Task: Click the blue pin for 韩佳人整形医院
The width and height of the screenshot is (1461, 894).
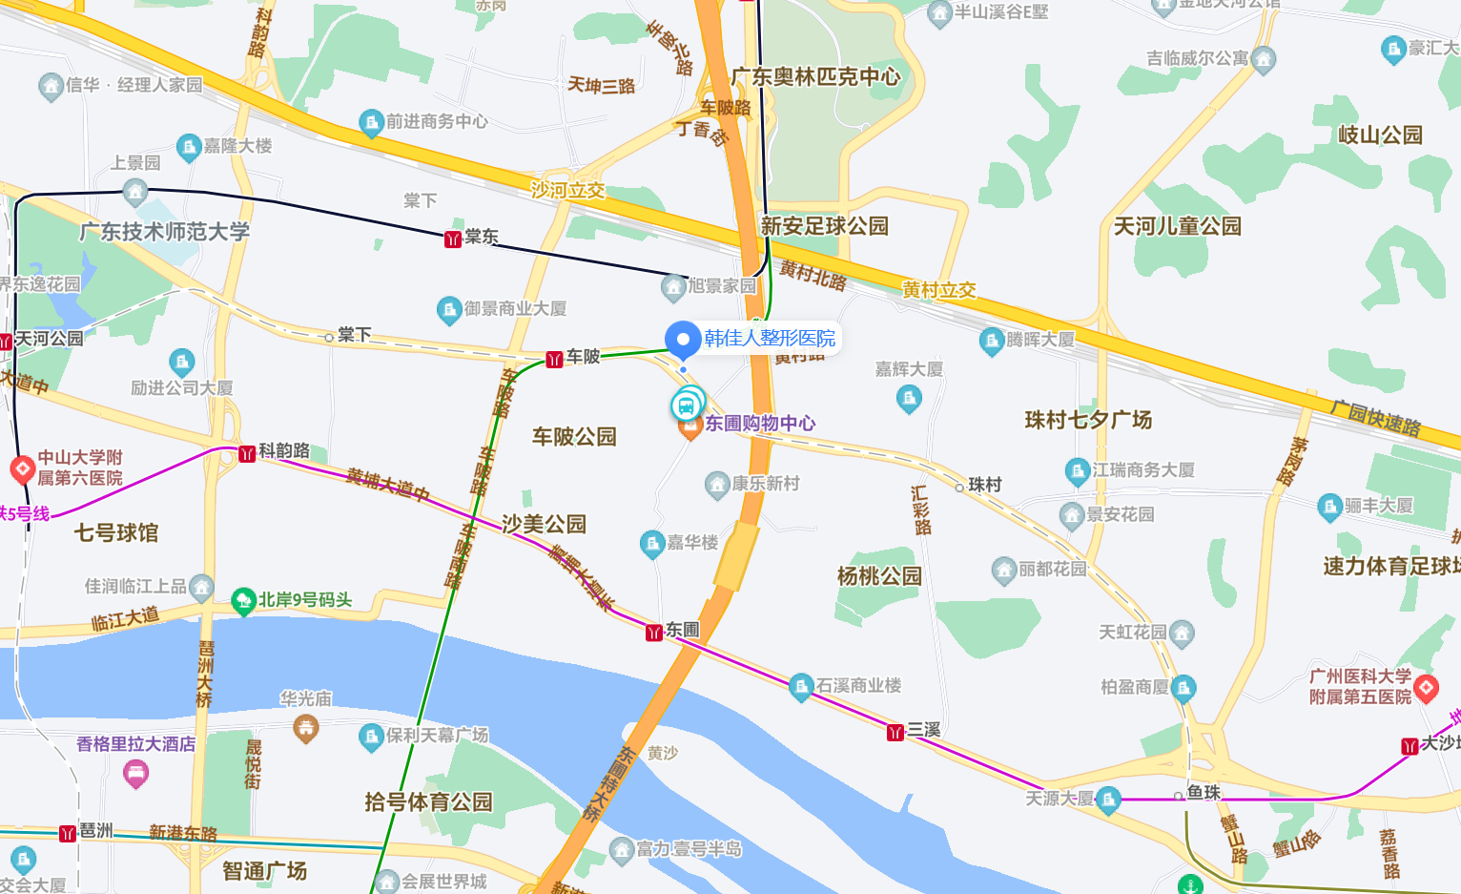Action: [x=683, y=340]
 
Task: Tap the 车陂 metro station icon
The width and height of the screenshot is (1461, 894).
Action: [x=554, y=359]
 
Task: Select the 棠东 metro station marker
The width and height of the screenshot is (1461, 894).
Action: [x=453, y=239]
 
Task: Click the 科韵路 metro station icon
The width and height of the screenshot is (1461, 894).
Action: [x=247, y=453]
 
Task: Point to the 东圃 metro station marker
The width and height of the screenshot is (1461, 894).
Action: [x=654, y=632]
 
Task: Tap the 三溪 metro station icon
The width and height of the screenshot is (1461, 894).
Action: [x=895, y=732]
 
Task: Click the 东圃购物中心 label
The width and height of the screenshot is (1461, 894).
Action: [x=759, y=423]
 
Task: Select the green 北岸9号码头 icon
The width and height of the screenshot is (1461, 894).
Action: [x=243, y=601]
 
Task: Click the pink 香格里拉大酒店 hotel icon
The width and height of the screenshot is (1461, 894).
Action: [x=136, y=774]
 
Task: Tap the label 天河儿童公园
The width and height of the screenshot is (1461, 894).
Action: [x=1178, y=226]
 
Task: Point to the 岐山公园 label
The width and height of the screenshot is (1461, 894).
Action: [x=1380, y=135]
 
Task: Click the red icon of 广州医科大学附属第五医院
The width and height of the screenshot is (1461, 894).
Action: [x=1427, y=686]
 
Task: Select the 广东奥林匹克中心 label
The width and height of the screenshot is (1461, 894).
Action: [x=816, y=76]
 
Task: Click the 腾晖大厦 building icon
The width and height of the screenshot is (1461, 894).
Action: [x=992, y=340]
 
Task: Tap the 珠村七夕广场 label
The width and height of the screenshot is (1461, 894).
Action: [x=1088, y=420]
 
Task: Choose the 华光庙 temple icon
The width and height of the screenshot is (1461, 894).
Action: [x=306, y=729]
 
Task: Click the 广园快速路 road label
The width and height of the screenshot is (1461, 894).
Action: [x=1375, y=418]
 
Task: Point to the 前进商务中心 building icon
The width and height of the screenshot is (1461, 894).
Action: [x=371, y=122]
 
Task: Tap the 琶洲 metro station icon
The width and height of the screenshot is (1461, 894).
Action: [x=68, y=833]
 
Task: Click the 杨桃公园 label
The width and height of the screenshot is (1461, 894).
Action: [x=879, y=576]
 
